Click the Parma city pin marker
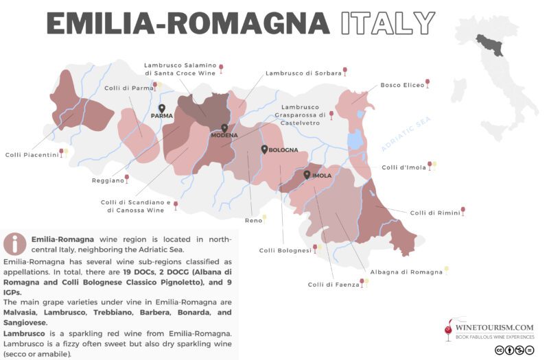coord(162,108)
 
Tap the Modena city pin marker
coord(224,128)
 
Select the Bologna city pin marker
coord(264,149)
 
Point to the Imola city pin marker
coord(307,175)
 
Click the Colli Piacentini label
coord(31,154)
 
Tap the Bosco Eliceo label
coord(401,85)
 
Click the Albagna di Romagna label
coord(406,272)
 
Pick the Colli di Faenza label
coord(333,284)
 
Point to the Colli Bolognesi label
coord(285,250)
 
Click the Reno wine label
coord(253,220)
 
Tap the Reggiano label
coord(107,180)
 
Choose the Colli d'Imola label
coord(404,167)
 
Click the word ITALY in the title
coord(388,23)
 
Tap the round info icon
coord(14,243)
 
